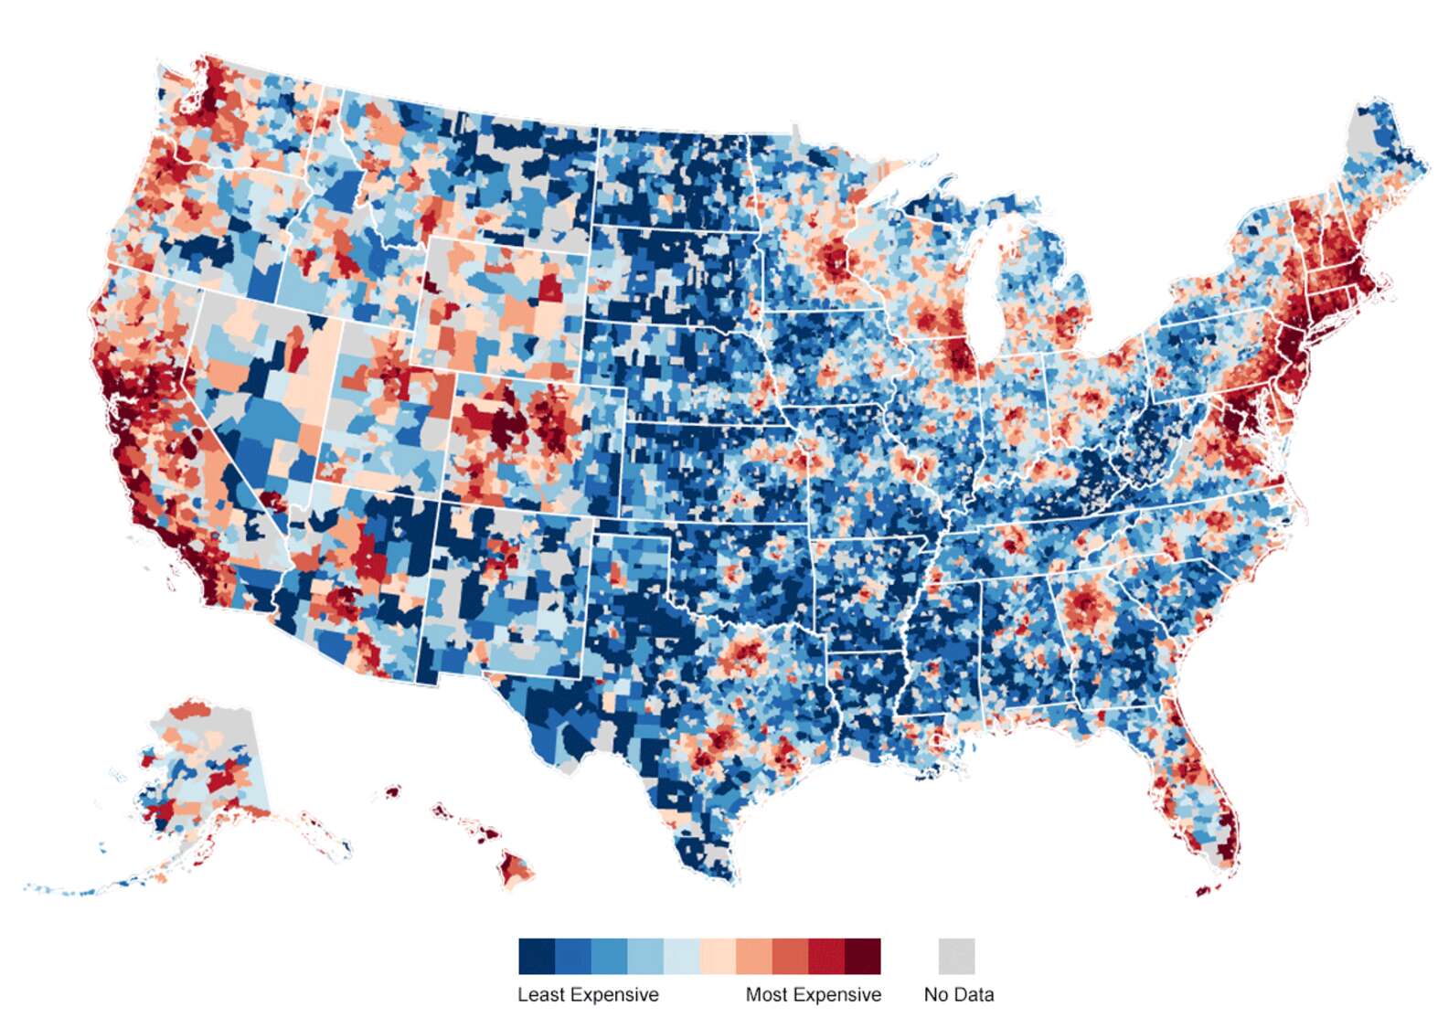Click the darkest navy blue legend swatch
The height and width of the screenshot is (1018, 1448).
click(x=537, y=956)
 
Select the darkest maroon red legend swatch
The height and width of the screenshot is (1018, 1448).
click(x=862, y=956)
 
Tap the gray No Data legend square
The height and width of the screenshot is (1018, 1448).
click(x=956, y=956)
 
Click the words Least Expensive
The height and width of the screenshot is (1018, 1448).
click(x=588, y=994)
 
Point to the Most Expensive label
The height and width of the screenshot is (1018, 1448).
click(x=813, y=994)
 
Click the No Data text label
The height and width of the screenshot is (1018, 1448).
click(x=958, y=994)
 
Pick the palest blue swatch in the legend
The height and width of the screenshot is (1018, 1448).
click(x=681, y=956)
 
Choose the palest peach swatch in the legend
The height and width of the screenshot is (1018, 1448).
click(x=718, y=956)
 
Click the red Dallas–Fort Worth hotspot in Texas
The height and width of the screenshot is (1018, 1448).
click(x=742, y=654)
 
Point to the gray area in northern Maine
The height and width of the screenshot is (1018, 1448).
click(x=1362, y=137)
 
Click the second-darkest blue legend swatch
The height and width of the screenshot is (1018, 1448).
click(x=573, y=956)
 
